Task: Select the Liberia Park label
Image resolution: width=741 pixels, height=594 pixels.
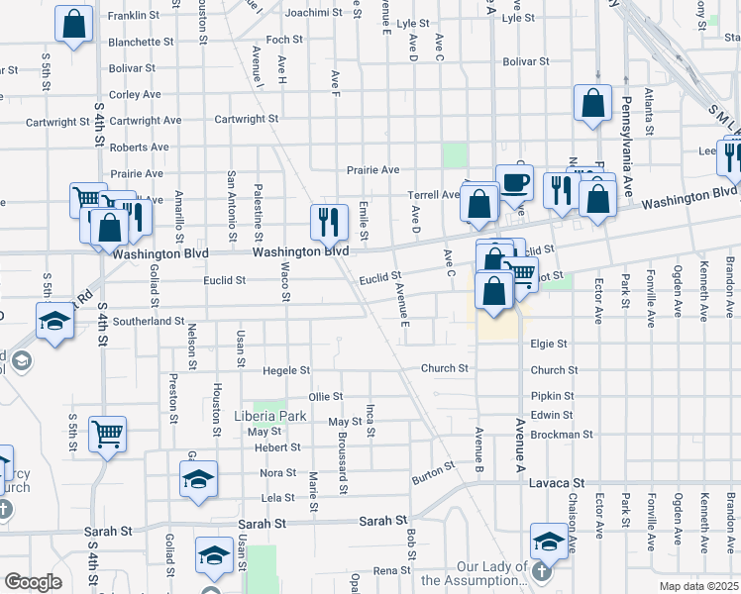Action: tap(269, 417)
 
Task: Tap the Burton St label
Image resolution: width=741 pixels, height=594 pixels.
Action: tap(433, 473)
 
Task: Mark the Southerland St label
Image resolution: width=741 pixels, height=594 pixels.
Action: tap(149, 321)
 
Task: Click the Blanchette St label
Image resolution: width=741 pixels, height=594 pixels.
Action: tap(141, 42)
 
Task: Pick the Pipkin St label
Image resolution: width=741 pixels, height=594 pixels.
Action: tap(553, 396)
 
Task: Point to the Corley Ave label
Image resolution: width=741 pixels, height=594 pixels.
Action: tap(135, 95)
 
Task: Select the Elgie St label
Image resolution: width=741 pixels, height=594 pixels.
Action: tap(548, 344)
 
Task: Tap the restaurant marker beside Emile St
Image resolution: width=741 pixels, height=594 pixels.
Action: tap(329, 221)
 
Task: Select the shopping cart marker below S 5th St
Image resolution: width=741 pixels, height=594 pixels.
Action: tap(107, 432)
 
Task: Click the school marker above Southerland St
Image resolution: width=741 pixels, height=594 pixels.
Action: tap(54, 321)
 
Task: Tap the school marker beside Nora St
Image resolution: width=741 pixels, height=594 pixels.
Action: tap(198, 480)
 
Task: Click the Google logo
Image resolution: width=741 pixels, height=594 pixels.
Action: tap(33, 582)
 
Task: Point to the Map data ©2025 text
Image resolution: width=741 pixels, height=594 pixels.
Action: tap(698, 586)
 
